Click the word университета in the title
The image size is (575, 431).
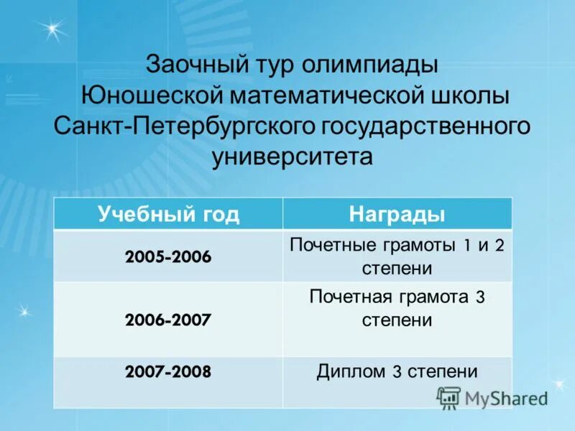(293, 156)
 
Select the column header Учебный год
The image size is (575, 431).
(168, 214)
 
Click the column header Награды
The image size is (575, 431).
(397, 214)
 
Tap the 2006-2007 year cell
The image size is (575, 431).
(168, 320)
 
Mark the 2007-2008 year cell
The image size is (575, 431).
(168, 372)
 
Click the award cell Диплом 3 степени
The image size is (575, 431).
(397, 371)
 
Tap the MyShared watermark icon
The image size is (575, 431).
(448, 397)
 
